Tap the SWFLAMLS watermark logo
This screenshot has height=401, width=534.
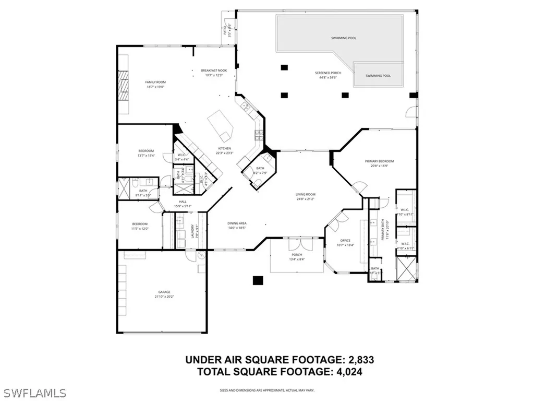click(x=33, y=392)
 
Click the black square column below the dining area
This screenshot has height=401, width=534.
click(x=258, y=280)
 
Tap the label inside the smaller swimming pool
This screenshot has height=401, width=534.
click(x=378, y=76)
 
